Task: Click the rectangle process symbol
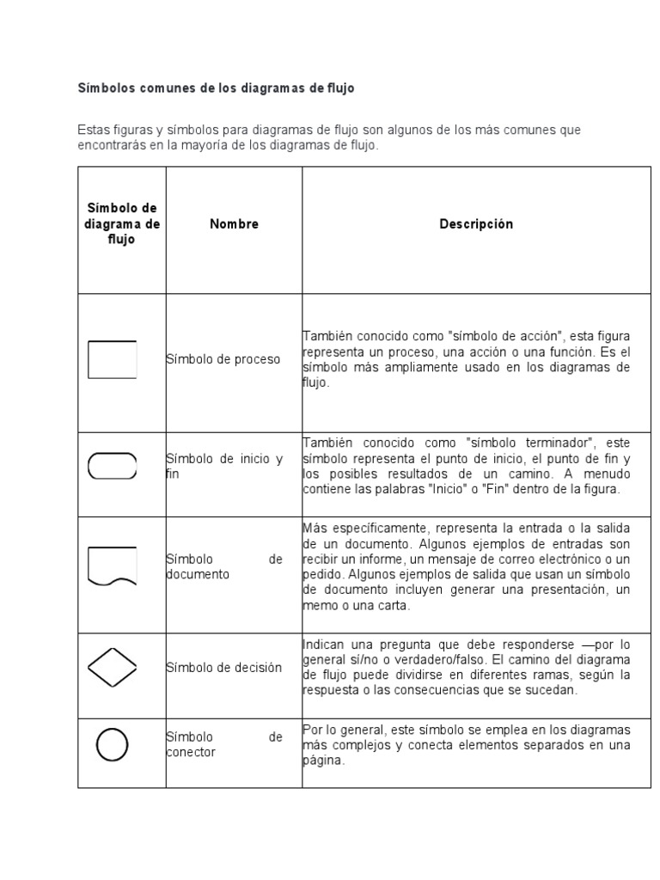(x=113, y=359)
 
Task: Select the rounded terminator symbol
(x=113, y=467)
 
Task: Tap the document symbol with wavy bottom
(x=113, y=566)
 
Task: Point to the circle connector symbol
(x=113, y=744)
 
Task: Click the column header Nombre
(x=234, y=224)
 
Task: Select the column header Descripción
(x=476, y=224)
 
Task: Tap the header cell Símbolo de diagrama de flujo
(x=122, y=224)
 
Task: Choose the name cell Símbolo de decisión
(x=223, y=668)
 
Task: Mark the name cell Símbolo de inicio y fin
(x=223, y=467)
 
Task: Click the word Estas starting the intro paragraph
(x=94, y=131)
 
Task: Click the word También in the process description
(x=326, y=336)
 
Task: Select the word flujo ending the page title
(x=338, y=89)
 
